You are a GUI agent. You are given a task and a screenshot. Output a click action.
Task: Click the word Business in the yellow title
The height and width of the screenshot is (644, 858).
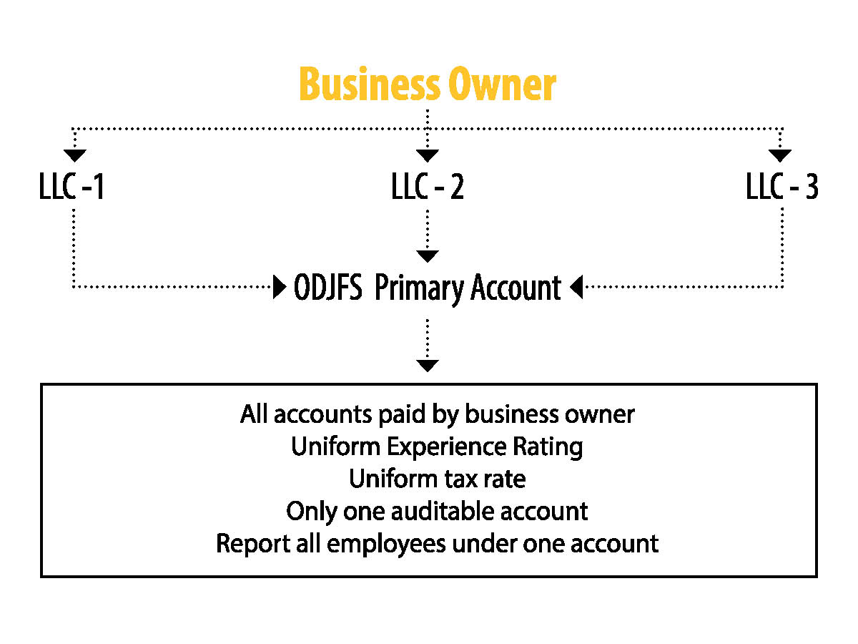click(370, 83)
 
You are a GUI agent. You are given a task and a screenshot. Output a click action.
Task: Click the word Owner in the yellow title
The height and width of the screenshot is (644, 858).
click(503, 83)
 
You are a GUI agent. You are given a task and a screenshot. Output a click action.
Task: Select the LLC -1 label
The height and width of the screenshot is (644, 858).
click(71, 186)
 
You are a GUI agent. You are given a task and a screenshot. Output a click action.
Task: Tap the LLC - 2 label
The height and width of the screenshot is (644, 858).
click(428, 186)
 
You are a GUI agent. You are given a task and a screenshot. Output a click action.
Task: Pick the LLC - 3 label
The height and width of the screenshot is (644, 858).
click(782, 186)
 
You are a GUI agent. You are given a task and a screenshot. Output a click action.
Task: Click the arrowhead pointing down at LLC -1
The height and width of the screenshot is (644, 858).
click(74, 155)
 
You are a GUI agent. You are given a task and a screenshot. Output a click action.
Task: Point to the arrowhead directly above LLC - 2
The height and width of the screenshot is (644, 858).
click(428, 155)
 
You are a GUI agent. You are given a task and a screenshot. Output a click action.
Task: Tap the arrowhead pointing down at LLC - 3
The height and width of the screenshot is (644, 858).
click(780, 155)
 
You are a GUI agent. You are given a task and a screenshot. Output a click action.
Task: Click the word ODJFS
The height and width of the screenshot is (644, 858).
click(328, 287)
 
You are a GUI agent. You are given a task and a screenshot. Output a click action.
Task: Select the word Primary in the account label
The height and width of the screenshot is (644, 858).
click(419, 289)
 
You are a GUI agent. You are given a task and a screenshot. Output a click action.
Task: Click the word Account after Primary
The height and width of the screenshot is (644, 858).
click(516, 287)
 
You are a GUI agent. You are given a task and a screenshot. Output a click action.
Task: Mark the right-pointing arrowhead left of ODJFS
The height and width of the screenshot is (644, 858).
click(280, 287)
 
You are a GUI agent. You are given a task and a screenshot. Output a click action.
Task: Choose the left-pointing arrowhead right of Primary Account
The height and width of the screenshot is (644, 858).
click(576, 287)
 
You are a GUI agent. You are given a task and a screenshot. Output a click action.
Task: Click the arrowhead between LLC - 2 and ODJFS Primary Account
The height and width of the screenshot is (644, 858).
click(428, 256)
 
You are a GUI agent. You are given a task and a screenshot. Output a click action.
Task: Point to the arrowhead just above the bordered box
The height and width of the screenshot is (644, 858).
click(428, 366)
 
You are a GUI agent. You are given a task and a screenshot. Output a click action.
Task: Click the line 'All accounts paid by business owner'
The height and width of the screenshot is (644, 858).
click(437, 415)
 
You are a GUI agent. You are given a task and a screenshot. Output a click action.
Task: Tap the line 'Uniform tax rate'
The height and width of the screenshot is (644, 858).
click(437, 479)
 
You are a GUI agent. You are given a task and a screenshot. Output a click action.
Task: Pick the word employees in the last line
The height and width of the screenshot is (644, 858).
click(386, 545)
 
